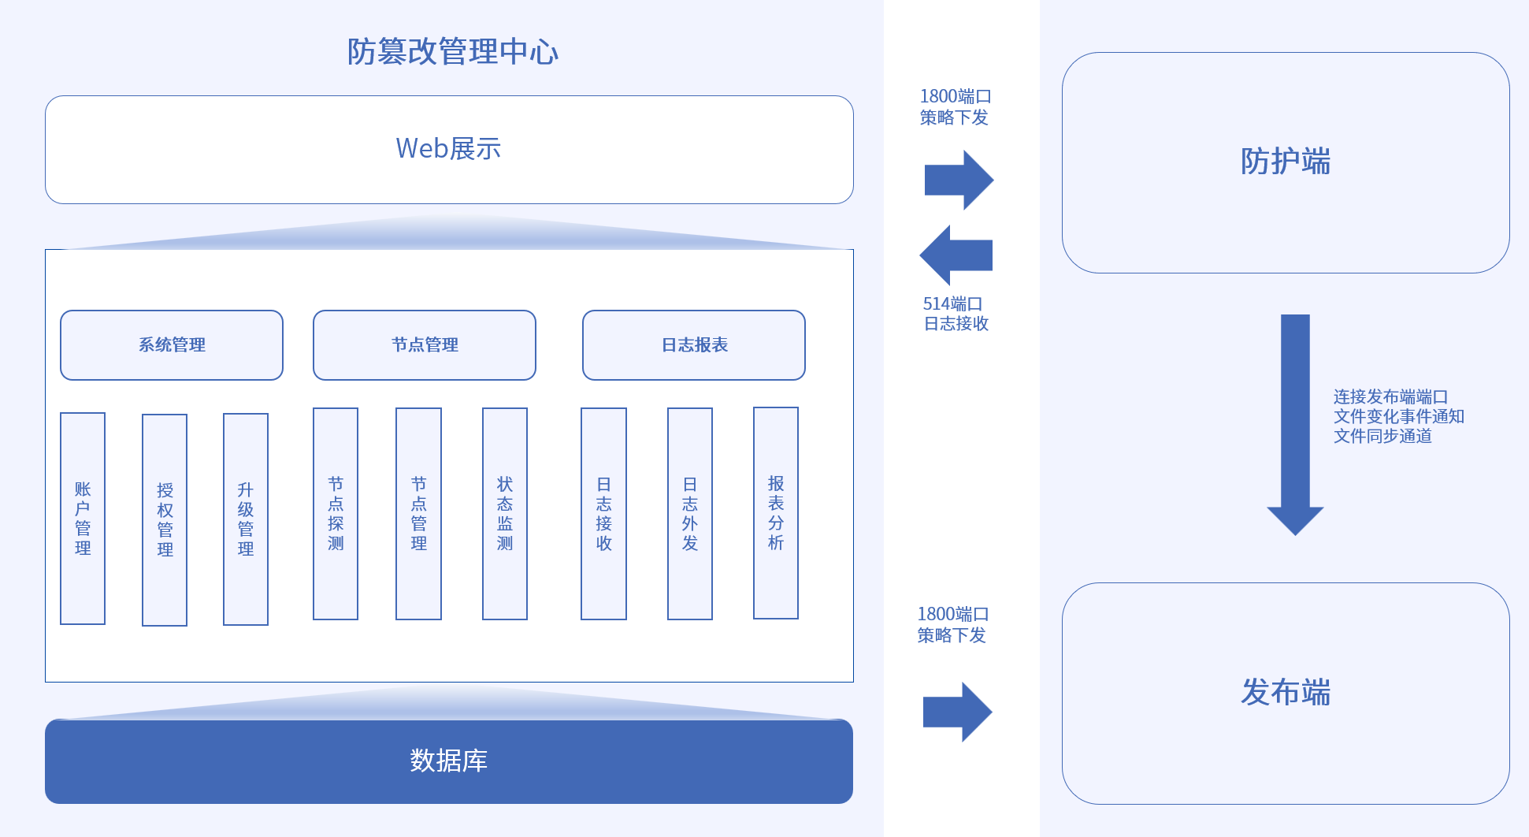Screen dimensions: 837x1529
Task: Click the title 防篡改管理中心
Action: [x=452, y=52]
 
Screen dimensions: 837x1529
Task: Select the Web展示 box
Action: [x=449, y=150]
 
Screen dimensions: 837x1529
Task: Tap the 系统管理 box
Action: [x=172, y=345]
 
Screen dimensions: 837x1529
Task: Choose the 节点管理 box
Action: [x=425, y=345]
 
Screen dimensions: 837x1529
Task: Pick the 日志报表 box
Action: [x=694, y=345]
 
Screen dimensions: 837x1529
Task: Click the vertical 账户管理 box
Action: [x=83, y=518]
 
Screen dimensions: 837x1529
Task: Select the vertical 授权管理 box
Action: [x=165, y=519]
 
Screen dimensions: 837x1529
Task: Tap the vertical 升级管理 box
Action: [x=246, y=519]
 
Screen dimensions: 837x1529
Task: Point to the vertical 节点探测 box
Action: [x=336, y=513]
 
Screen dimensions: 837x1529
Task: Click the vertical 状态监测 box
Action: [x=505, y=513]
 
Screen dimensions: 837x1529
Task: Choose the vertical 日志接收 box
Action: [x=603, y=513]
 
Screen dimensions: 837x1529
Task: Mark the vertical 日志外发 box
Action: [x=690, y=513]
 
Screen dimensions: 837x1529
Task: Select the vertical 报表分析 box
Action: [x=776, y=512]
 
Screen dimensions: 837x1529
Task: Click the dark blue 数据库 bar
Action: [x=449, y=761]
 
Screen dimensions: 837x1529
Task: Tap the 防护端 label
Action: [x=1285, y=162]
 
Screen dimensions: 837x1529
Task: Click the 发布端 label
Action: [x=1285, y=693]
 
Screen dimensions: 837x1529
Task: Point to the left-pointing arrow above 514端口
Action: [x=956, y=255]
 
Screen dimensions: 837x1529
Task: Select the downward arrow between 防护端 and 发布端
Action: [x=1295, y=426]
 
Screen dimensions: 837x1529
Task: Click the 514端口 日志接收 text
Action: [x=955, y=314]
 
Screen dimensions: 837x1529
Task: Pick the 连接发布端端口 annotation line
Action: [x=1390, y=397]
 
